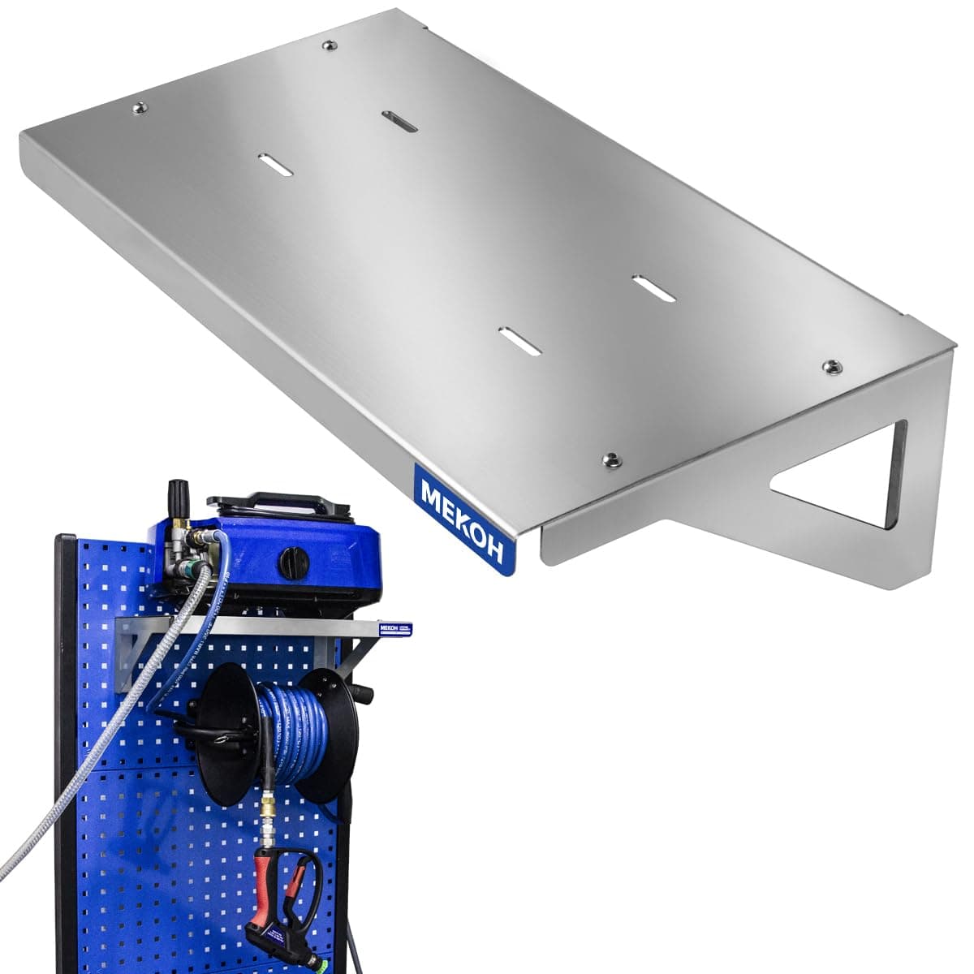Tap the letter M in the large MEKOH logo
click(x=429, y=489)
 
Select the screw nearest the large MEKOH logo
click(x=611, y=461)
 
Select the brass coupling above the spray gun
click(x=266, y=812)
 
